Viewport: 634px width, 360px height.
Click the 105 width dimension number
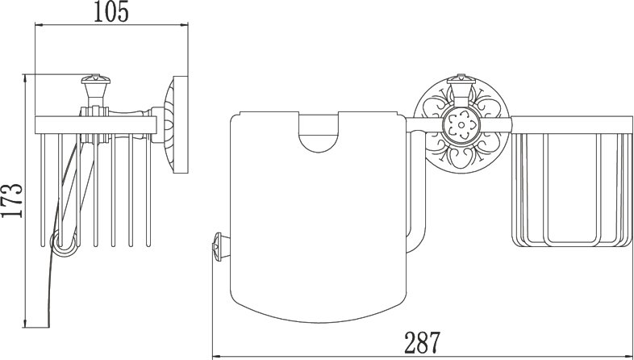pos(111,13)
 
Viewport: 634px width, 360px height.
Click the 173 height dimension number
pos(12,200)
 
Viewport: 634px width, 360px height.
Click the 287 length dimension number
pos(422,342)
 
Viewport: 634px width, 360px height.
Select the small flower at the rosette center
pos(461,124)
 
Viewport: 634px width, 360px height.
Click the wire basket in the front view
pos(571,182)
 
